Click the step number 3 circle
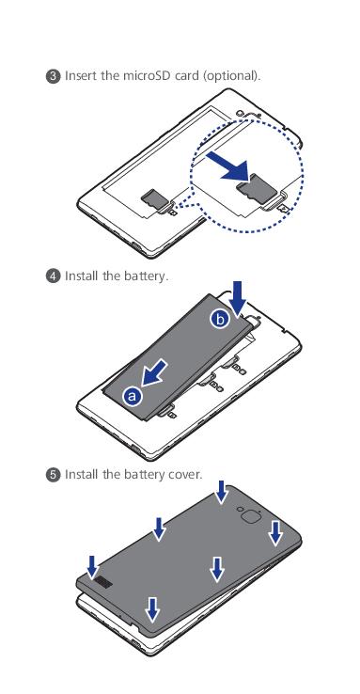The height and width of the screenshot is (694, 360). pyautogui.click(x=53, y=76)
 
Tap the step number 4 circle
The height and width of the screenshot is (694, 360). pyautogui.click(x=53, y=276)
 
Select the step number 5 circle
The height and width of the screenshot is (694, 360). pyautogui.click(x=53, y=475)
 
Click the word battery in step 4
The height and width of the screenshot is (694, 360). pyautogui.click(x=146, y=276)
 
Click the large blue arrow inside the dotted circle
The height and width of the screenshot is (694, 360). pyautogui.click(x=228, y=166)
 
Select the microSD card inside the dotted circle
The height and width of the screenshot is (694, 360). pyautogui.click(x=256, y=188)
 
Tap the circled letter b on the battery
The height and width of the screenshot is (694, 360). pyautogui.click(x=220, y=319)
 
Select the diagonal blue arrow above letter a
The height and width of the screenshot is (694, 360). pyautogui.click(x=154, y=372)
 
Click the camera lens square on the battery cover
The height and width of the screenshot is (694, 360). pyautogui.click(x=249, y=516)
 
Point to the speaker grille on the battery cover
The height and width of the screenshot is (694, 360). pyautogui.click(x=104, y=583)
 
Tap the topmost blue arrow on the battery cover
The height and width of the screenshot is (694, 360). pyautogui.click(x=222, y=491)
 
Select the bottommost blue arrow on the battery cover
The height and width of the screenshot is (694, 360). pyautogui.click(x=152, y=608)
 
